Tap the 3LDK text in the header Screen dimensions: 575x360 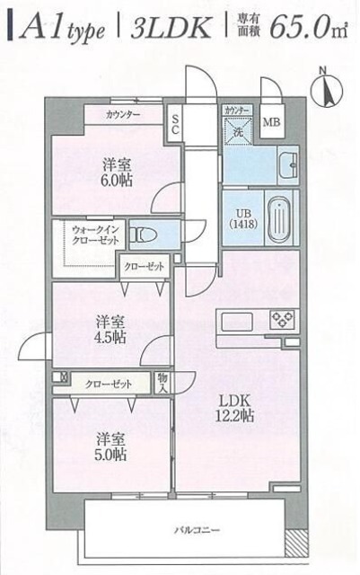[x=170, y=29]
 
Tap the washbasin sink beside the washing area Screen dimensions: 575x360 [x=289, y=166]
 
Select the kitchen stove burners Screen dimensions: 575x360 [x=283, y=319]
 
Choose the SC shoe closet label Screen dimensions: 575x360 [x=176, y=124]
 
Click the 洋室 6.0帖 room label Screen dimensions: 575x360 [x=116, y=171]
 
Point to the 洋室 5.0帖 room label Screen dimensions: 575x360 [x=111, y=446]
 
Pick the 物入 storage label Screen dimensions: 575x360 [x=162, y=384]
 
